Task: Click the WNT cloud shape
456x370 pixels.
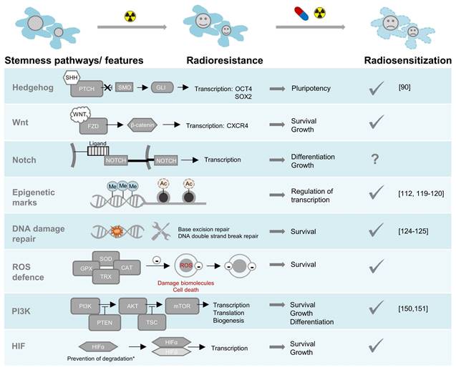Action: [x=80, y=115]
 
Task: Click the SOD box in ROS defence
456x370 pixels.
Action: [x=106, y=261]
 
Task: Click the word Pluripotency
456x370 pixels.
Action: [x=313, y=88]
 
